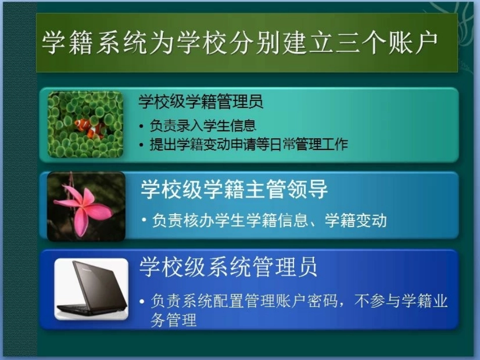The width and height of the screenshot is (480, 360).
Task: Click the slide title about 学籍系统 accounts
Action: [x=239, y=43]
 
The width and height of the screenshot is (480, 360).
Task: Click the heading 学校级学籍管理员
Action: [x=201, y=102]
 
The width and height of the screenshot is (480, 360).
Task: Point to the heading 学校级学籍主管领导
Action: [x=234, y=190]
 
